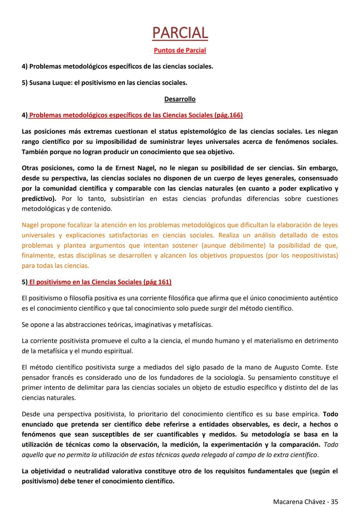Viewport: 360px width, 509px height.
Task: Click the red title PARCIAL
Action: [x=180, y=33]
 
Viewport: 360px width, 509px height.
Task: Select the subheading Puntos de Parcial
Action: [x=180, y=50]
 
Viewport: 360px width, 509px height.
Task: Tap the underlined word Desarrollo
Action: [x=180, y=99]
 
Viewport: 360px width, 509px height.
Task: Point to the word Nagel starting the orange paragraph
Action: [x=31, y=225]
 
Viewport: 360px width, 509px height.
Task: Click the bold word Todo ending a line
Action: [x=331, y=414]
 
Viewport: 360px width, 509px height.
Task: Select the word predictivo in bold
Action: [x=38, y=199]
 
